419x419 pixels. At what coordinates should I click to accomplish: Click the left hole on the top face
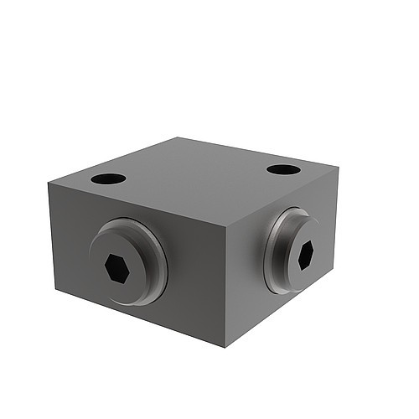point(108,178)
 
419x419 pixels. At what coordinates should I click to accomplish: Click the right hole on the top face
point(283,169)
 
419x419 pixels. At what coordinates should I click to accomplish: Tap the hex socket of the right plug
point(305,254)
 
